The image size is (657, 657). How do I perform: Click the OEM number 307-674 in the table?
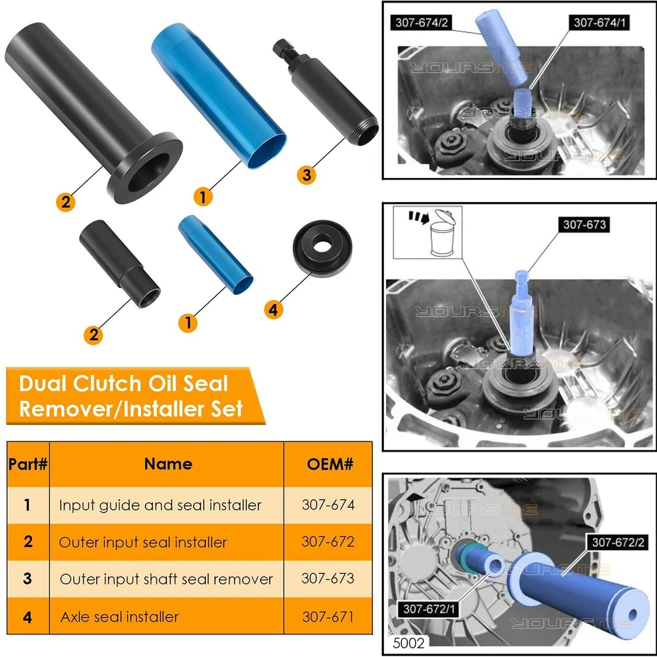point(328,505)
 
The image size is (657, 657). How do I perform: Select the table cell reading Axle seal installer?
point(119,617)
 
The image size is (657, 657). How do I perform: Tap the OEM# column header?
point(328,464)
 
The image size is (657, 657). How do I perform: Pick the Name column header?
point(168,464)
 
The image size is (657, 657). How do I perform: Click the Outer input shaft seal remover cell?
point(166,579)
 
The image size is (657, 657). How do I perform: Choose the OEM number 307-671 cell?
point(328,617)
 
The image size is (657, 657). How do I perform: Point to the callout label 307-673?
point(584,224)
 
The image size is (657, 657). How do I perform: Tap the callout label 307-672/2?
point(618,542)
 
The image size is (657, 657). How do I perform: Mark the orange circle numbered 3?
point(307,175)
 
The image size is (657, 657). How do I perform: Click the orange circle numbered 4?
point(273,309)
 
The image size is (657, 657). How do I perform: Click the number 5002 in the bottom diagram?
point(409,643)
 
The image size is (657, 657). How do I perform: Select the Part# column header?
point(28,464)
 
